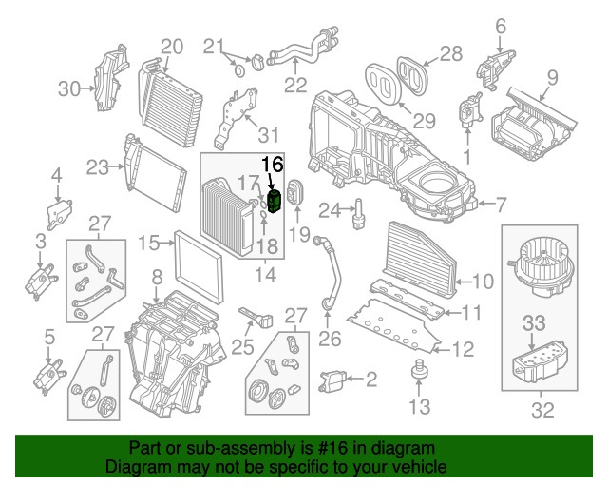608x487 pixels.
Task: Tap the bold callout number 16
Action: coord(273,165)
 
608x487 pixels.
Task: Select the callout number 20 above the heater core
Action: coord(171,46)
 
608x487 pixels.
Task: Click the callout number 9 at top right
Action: coord(552,76)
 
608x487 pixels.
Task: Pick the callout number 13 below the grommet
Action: coord(419,408)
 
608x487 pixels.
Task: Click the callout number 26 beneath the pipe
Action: coord(329,337)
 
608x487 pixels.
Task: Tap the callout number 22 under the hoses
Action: coord(295,85)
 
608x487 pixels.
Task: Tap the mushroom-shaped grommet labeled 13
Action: coord(417,372)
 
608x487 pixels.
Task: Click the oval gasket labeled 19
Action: coord(294,193)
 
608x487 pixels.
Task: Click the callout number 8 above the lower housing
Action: coord(157,278)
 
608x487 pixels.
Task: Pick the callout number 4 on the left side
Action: coord(56,175)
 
